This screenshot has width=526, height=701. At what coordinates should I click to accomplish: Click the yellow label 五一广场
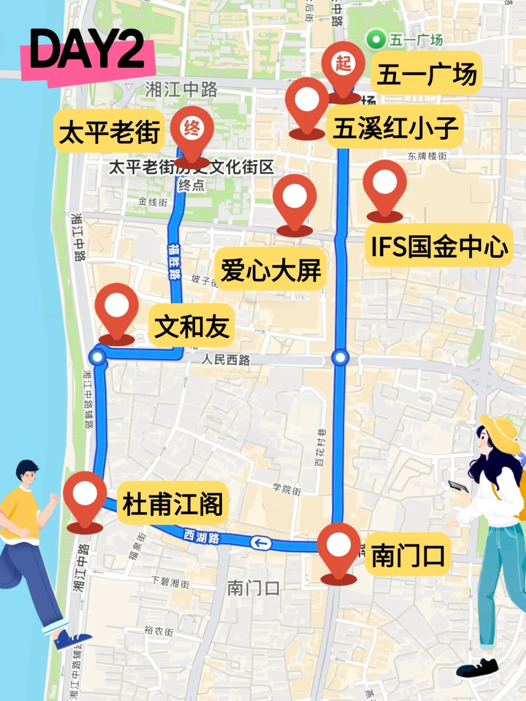(426, 74)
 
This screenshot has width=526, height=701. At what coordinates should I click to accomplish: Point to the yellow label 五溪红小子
(395, 128)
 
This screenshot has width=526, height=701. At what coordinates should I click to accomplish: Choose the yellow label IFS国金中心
(439, 246)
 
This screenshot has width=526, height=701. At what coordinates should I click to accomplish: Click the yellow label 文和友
(191, 326)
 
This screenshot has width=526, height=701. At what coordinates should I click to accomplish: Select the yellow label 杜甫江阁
(172, 503)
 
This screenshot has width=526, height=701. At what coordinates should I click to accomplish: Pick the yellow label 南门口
(408, 555)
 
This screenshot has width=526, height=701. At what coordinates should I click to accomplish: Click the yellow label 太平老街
(109, 131)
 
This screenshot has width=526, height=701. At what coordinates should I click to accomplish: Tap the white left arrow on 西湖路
(261, 542)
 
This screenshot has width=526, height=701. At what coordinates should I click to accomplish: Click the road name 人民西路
(226, 360)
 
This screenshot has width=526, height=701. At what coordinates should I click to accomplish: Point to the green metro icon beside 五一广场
(376, 39)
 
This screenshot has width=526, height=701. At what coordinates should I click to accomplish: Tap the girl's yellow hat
(502, 433)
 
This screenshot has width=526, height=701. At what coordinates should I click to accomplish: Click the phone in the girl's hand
(458, 486)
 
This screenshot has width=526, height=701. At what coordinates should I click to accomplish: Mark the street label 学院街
(287, 489)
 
